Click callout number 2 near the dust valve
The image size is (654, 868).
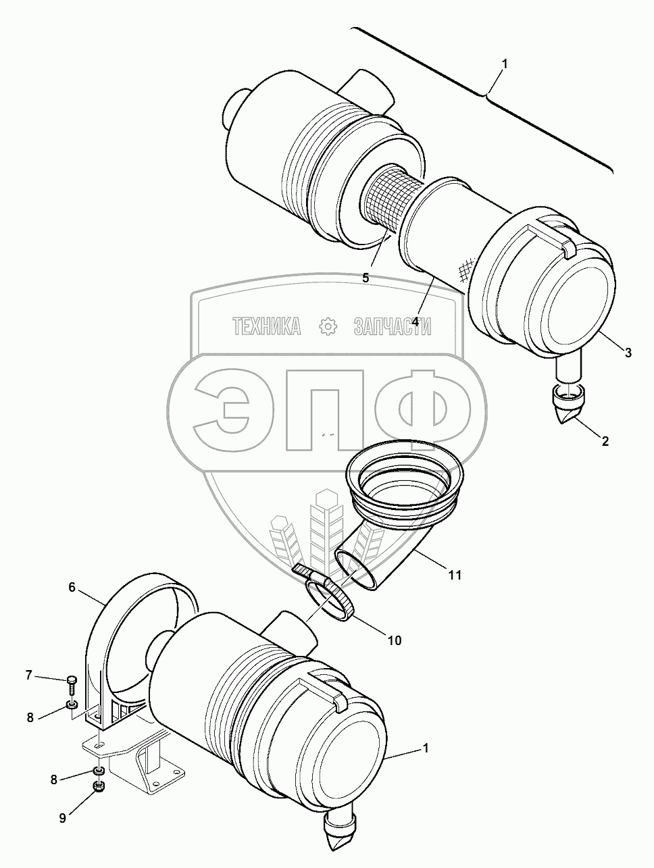(605, 441)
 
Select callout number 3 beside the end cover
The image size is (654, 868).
(628, 353)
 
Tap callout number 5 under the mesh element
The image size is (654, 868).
(366, 278)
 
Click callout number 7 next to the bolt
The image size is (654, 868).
(28, 675)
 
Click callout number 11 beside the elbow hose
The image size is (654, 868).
(455, 576)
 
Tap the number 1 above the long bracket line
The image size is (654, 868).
(505, 64)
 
